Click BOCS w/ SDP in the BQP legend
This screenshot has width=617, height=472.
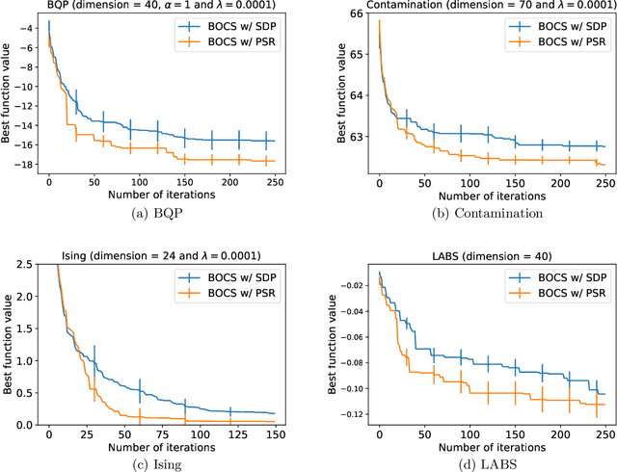(x=231, y=26)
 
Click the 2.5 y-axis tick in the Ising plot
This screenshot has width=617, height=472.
(x=25, y=236)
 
